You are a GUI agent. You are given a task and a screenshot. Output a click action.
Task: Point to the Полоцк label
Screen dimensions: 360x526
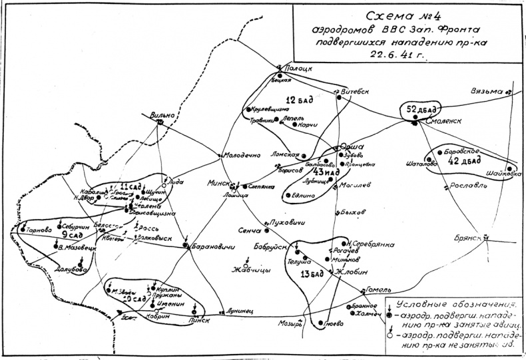tap(298, 67)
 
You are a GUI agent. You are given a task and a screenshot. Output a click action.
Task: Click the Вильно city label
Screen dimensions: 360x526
tap(162, 114)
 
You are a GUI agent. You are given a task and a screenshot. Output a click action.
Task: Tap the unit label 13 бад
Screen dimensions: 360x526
tap(312, 274)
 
